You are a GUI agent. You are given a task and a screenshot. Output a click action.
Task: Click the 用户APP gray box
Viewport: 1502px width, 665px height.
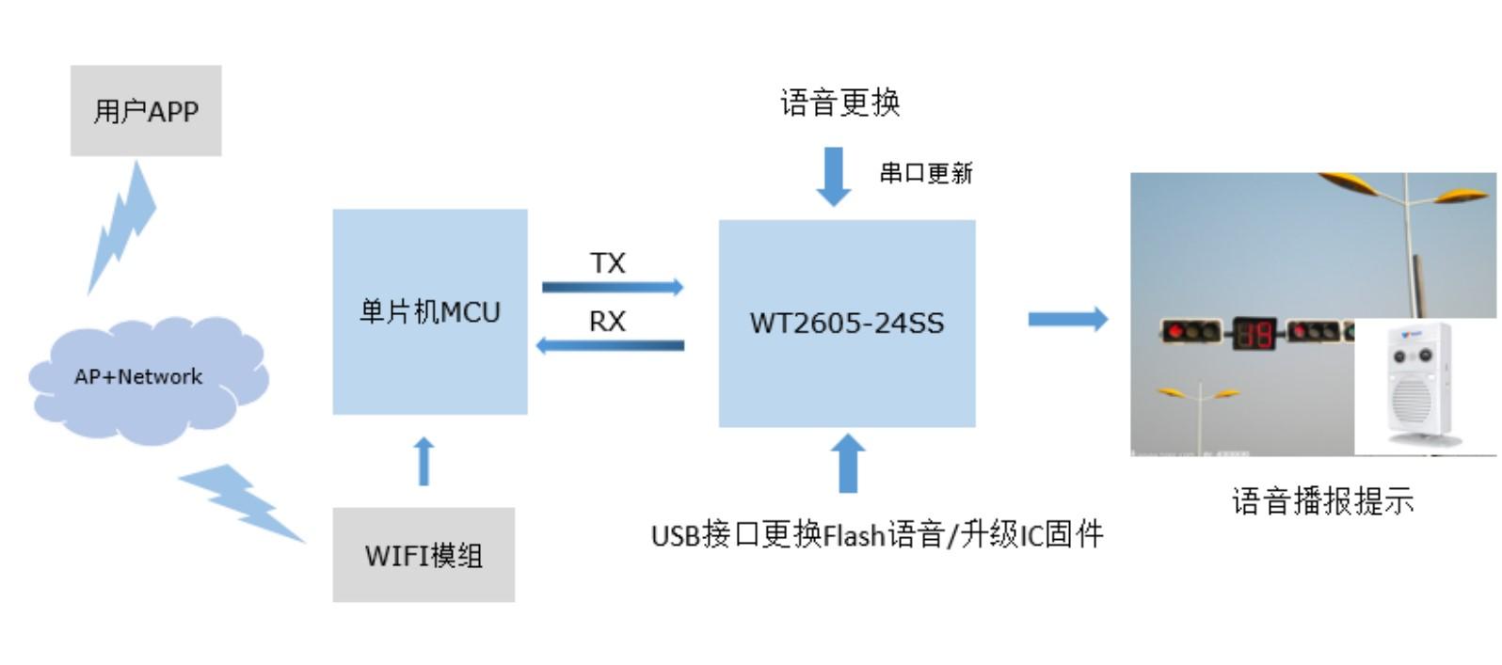(146, 111)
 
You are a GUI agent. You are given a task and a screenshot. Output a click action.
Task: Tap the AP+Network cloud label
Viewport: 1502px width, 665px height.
(138, 376)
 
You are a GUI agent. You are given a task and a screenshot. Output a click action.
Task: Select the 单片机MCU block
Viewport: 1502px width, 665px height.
(430, 311)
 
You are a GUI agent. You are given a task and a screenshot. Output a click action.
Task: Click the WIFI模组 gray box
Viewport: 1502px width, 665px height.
(423, 555)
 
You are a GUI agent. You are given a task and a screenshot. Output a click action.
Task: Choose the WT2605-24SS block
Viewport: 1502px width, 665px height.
(847, 324)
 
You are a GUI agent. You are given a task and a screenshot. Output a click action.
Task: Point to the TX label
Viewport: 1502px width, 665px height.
(608, 263)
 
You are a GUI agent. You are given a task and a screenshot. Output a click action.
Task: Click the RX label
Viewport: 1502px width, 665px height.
(607, 322)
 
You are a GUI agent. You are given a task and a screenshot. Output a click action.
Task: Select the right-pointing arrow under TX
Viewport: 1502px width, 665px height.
(613, 287)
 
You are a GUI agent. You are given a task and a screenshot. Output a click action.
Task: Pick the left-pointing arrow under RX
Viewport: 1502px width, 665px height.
(610, 345)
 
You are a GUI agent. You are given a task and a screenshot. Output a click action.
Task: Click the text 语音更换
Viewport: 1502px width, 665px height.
(839, 102)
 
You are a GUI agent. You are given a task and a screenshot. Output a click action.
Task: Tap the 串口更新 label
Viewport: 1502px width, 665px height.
(926, 173)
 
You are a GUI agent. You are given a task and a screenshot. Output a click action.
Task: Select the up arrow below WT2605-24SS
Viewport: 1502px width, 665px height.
(848, 463)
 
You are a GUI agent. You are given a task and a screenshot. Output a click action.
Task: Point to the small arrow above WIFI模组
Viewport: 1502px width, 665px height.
(424, 461)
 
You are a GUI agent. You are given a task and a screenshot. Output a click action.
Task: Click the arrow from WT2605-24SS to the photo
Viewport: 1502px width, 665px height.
(1067, 319)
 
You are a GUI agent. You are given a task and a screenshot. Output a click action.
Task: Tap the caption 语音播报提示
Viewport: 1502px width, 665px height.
(1322, 501)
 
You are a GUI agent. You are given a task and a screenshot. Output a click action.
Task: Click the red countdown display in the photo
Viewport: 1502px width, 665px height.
(1254, 333)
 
